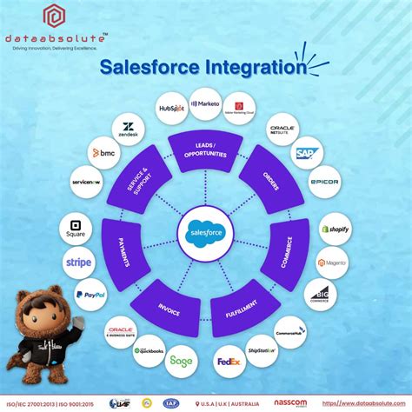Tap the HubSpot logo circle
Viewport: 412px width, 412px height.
pos(173,109)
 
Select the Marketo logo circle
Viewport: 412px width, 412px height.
pos(206,103)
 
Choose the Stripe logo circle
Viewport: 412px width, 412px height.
pos(78,262)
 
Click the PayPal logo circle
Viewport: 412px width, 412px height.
pos(90,295)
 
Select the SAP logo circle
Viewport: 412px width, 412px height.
pos(303,154)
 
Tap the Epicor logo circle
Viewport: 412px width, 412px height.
pos(323,182)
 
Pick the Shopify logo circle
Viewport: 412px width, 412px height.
pos(335,229)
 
